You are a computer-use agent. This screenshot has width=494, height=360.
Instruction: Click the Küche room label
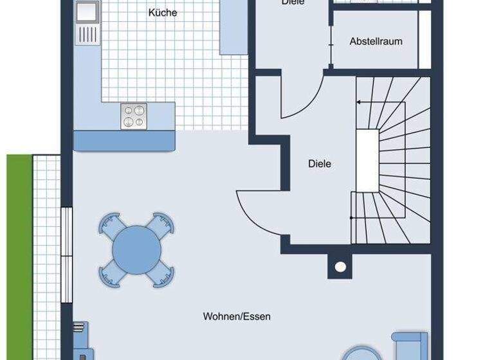(x=162, y=12)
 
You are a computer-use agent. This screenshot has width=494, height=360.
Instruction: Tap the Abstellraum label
(x=376, y=41)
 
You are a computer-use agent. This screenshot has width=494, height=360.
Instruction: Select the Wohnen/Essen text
(x=237, y=316)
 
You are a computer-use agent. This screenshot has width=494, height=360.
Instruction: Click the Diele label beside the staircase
(x=320, y=164)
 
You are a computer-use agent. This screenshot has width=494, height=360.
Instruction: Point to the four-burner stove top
(x=134, y=116)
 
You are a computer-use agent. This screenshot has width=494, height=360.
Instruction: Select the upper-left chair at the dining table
(x=111, y=225)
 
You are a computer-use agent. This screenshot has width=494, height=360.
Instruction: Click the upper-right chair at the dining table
(x=161, y=224)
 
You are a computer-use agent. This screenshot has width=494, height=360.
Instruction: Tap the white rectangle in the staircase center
(x=367, y=159)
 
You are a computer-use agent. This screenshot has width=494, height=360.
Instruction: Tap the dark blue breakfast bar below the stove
(x=125, y=140)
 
